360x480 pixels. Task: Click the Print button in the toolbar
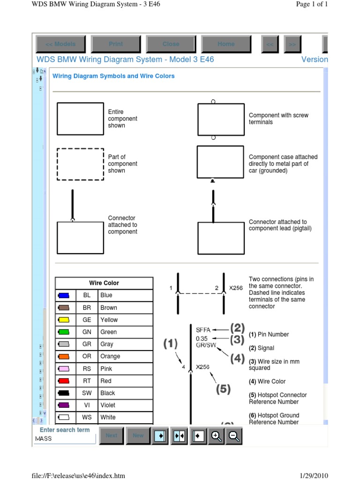[x=116, y=44]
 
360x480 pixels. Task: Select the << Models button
[x=60, y=44]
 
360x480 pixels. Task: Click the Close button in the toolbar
[x=171, y=44]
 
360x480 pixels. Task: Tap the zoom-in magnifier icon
[x=216, y=435]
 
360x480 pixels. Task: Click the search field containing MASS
[x=65, y=439]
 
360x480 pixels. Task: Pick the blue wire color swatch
[x=64, y=295]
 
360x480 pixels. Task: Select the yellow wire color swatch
[x=64, y=320]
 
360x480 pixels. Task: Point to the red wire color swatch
[x=64, y=381]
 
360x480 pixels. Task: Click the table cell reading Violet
[x=108, y=405]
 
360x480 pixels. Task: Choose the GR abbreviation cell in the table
[x=87, y=344]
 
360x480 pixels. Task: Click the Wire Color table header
[x=104, y=283]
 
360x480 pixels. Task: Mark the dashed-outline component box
[x=80, y=164]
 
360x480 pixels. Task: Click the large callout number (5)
[x=223, y=389]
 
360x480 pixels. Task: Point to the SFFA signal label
[x=203, y=330]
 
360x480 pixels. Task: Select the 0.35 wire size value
[x=202, y=338]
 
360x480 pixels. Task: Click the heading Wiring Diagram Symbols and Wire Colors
[x=113, y=76]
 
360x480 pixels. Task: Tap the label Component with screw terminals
[x=278, y=119]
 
